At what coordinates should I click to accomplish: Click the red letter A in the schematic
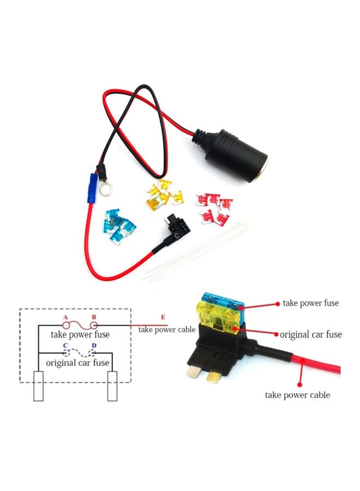(x=65, y=318)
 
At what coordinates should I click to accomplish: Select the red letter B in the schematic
(x=94, y=317)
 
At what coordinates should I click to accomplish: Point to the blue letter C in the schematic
(x=65, y=346)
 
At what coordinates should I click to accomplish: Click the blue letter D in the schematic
(x=94, y=346)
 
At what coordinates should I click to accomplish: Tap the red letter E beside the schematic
(x=163, y=318)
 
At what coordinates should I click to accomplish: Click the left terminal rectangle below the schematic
(x=39, y=386)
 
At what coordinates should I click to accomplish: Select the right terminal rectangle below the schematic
(x=112, y=386)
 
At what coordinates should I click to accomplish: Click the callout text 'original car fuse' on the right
(x=310, y=334)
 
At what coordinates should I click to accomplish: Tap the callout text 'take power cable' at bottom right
(x=297, y=395)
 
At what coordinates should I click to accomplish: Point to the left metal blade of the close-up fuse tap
(x=194, y=371)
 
